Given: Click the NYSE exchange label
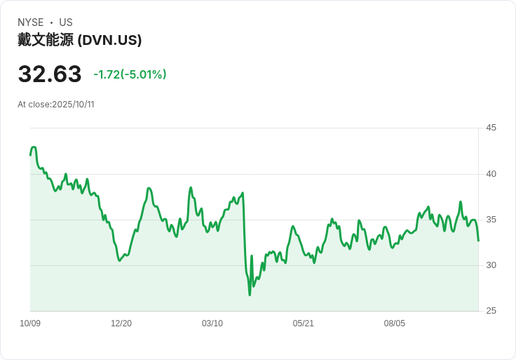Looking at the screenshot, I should [x=31, y=22].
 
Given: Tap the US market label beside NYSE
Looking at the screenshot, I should [x=65, y=22].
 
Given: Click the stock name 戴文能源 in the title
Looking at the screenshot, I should [x=46, y=40].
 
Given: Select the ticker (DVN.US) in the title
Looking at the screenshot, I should [x=110, y=40].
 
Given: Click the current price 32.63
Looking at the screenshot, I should [x=50, y=74].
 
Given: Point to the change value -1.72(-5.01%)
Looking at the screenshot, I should [x=130, y=74].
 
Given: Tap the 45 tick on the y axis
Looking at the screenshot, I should [x=491, y=128].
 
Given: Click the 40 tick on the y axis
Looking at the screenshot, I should [x=491, y=174].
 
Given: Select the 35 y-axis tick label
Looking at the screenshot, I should [x=491, y=220].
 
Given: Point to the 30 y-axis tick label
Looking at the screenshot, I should [x=491, y=265].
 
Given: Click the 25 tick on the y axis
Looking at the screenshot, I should [x=491, y=311].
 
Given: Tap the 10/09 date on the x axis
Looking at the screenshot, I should [x=30, y=324].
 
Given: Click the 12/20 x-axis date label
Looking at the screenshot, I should [x=121, y=324].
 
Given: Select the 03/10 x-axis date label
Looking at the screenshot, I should [x=212, y=324].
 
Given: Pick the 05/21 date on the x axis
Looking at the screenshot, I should [x=304, y=324].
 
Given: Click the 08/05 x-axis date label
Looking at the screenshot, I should [x=395, y=324].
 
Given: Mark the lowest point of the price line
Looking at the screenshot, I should [x=250, y=295].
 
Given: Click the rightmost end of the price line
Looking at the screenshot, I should [x=478, y=241].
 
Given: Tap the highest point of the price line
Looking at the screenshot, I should [x=34, y=147].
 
